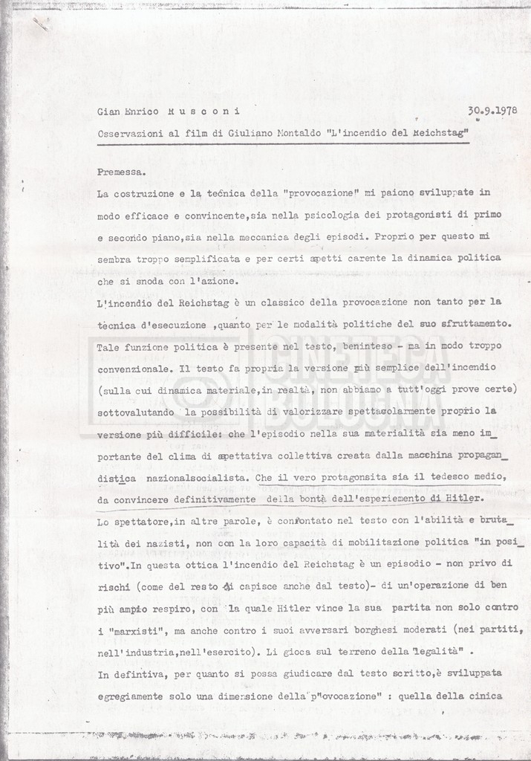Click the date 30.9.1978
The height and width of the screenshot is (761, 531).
point(492,111)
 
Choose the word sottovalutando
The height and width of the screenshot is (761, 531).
point(137,411)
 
